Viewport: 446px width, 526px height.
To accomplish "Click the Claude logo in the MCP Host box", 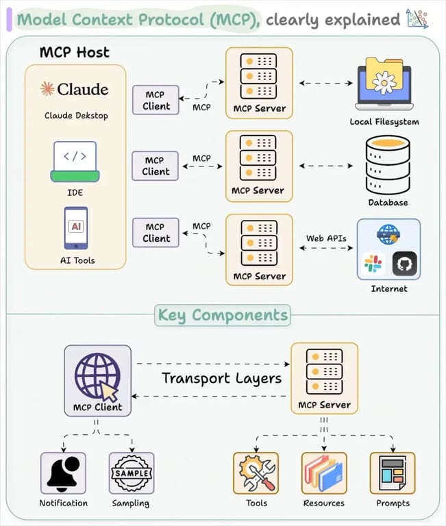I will pos(47,88).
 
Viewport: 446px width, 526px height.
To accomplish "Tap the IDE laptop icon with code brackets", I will pos(75,162).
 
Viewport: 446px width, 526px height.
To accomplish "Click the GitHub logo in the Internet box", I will pos(404,264).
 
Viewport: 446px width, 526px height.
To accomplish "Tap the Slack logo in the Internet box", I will pos(373,264).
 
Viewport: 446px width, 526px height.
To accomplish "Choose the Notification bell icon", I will pos(63,473).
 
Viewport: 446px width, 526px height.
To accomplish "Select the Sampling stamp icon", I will pos(132,473).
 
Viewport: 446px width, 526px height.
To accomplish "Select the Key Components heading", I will pos(223,315).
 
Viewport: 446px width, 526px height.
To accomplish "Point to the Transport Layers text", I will pos(221,378).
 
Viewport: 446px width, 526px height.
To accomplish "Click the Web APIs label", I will pos(326,238).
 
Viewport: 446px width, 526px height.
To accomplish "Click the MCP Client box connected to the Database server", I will pos(156,166).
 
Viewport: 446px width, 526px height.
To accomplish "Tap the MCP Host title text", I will pos(74,52).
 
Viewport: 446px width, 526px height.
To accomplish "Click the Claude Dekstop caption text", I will pos(76,115).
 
